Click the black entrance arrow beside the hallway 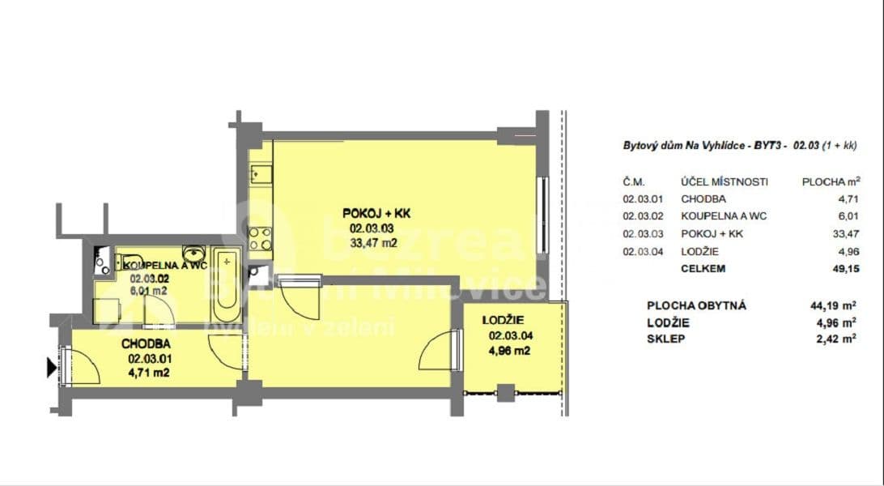point(53,368)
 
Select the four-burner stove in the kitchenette point(260,237)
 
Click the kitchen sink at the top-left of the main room point(260,173)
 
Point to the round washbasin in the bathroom point(193,252)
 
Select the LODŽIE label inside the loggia point(508,318)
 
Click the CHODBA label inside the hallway point(146,343)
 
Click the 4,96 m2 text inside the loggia point(510,351)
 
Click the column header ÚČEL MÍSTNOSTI point(725,181)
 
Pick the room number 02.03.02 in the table point(643,216)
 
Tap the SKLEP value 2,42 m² point(838,339)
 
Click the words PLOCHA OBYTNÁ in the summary point(696,305)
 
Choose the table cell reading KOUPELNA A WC point(724,216)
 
